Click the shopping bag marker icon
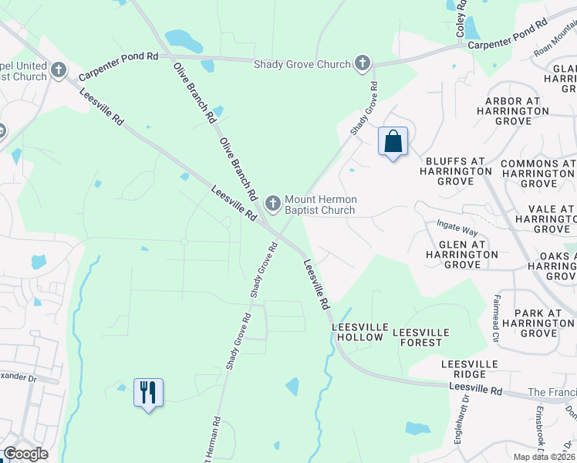393,142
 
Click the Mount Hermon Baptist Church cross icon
272,204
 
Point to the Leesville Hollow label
358,332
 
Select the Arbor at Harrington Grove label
516,111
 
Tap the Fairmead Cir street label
497,319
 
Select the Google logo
26,454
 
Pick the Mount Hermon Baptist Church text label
320,204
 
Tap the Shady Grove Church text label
302,64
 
